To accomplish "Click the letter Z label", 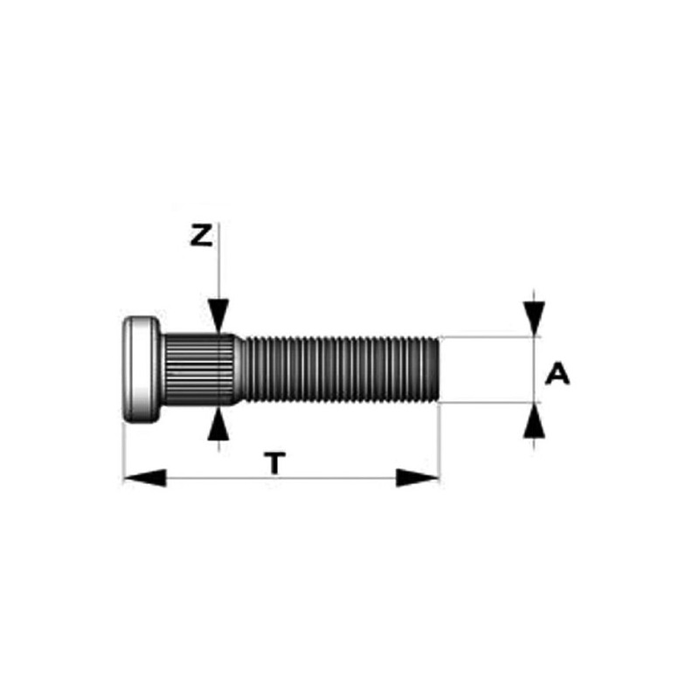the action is pyautogui.click(x=201, y=236).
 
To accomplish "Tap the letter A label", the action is pyautogui.click(x=557, y=374).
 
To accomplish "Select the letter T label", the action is pyautogui.click(x=274, y=463).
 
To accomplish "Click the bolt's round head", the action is pyautogui.click(x=142, y=370).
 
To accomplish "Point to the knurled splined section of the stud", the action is pyautogui.click(x=198, y=369).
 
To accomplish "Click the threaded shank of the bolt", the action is pyautogui.click(x=341, y=370).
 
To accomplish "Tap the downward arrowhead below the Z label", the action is pyautogui.click(x=218, y=315).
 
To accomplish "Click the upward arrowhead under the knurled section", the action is pyautogui.click(x=218, y=424).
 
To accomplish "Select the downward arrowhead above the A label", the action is pyautogui.click(x=534, y=319).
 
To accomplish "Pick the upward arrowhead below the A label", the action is pyautogui.click(x=534, y=420).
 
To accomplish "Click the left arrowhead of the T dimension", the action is pyautogui.click(x=144, y=478).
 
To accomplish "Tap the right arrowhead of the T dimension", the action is pyautogui.click(x=418, y=478).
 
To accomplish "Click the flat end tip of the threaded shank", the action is pyautogui.click(x=439, y=370).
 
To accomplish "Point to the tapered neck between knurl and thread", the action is pyautogui.click(x=239, y=369).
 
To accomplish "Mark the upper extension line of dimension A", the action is pyautogui.click(x=490, y=336).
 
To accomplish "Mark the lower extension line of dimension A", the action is pyautogui.click(x=490, y=403).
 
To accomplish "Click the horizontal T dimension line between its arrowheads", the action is pyautogui.click(x=281, y=478).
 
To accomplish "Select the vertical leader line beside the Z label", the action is pyautogui.click(x=219, y=260).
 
